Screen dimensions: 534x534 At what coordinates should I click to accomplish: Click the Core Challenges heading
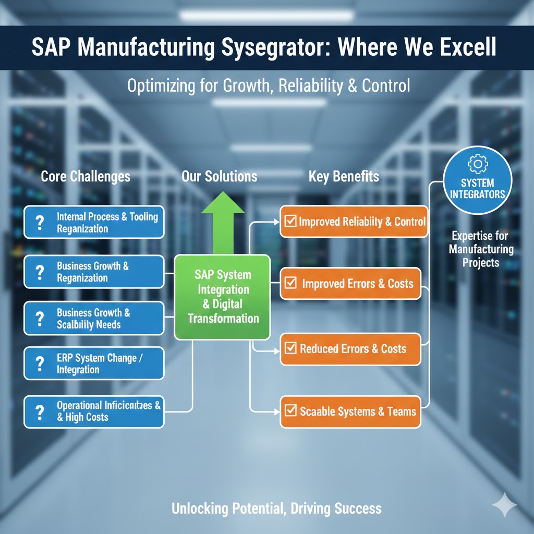[86, 176]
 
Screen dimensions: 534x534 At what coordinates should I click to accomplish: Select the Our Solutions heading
[219, 176]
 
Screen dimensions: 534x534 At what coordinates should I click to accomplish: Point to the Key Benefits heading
[344, 176]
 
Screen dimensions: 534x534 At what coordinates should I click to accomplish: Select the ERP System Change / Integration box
[94, 364]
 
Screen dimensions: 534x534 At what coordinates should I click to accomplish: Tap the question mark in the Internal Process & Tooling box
[39, 223]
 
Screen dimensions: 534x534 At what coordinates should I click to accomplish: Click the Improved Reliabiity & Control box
[354, 222]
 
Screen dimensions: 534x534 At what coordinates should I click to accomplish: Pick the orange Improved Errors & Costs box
[350, 284]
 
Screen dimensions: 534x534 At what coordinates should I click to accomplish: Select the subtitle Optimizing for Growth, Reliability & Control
[268, 86]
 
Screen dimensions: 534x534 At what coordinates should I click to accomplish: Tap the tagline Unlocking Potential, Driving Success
[276, 508]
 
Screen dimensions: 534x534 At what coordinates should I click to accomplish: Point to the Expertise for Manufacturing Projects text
[481, 249]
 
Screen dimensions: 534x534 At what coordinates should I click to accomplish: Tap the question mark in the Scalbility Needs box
[39, 319]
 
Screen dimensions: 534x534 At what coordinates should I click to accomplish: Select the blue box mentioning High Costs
[94, 411]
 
